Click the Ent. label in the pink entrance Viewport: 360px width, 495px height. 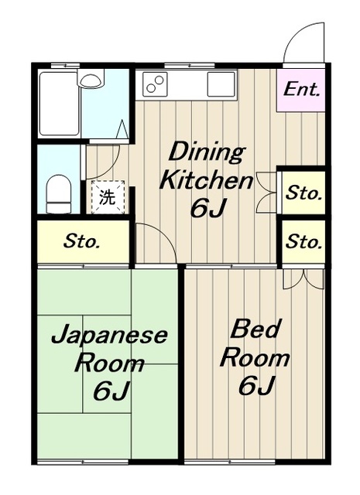pyautogui.click(x=301, y=89)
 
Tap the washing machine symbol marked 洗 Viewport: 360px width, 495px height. pyautogui.click(x=108, y=197)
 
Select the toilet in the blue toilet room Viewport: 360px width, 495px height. pyautogui.click(x=58, y=194)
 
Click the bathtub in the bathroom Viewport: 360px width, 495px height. pyautogui.click(x=59, y=103)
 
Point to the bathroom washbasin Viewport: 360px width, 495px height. pyautogui.click(x=91, y=79)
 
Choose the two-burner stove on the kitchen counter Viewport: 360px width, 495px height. pyautogui.click(x=155, y=84)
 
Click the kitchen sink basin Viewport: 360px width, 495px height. pyautogui.click(x=221, y=84)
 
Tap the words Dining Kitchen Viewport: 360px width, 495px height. pyautogui.click(x=207, y=167)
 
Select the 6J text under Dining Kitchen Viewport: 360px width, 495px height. pyautogui.click(x=208, y=208)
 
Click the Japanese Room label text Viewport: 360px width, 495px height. pyautogui.click(x=109, y=349)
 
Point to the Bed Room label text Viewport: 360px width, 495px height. pyautogui.click(x=255, y=343)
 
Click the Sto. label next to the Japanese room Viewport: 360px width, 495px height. pyautogui.click(x=81, y=241)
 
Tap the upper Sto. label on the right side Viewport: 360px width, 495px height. pyautogui.click(x=304, y=193)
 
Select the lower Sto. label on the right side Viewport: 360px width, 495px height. pyautogui.click(x=304, y=241)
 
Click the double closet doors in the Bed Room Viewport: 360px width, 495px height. pyautogui.click(x=303, y=278)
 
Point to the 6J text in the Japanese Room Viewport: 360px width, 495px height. pyautogui.click(x=111, y=391)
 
